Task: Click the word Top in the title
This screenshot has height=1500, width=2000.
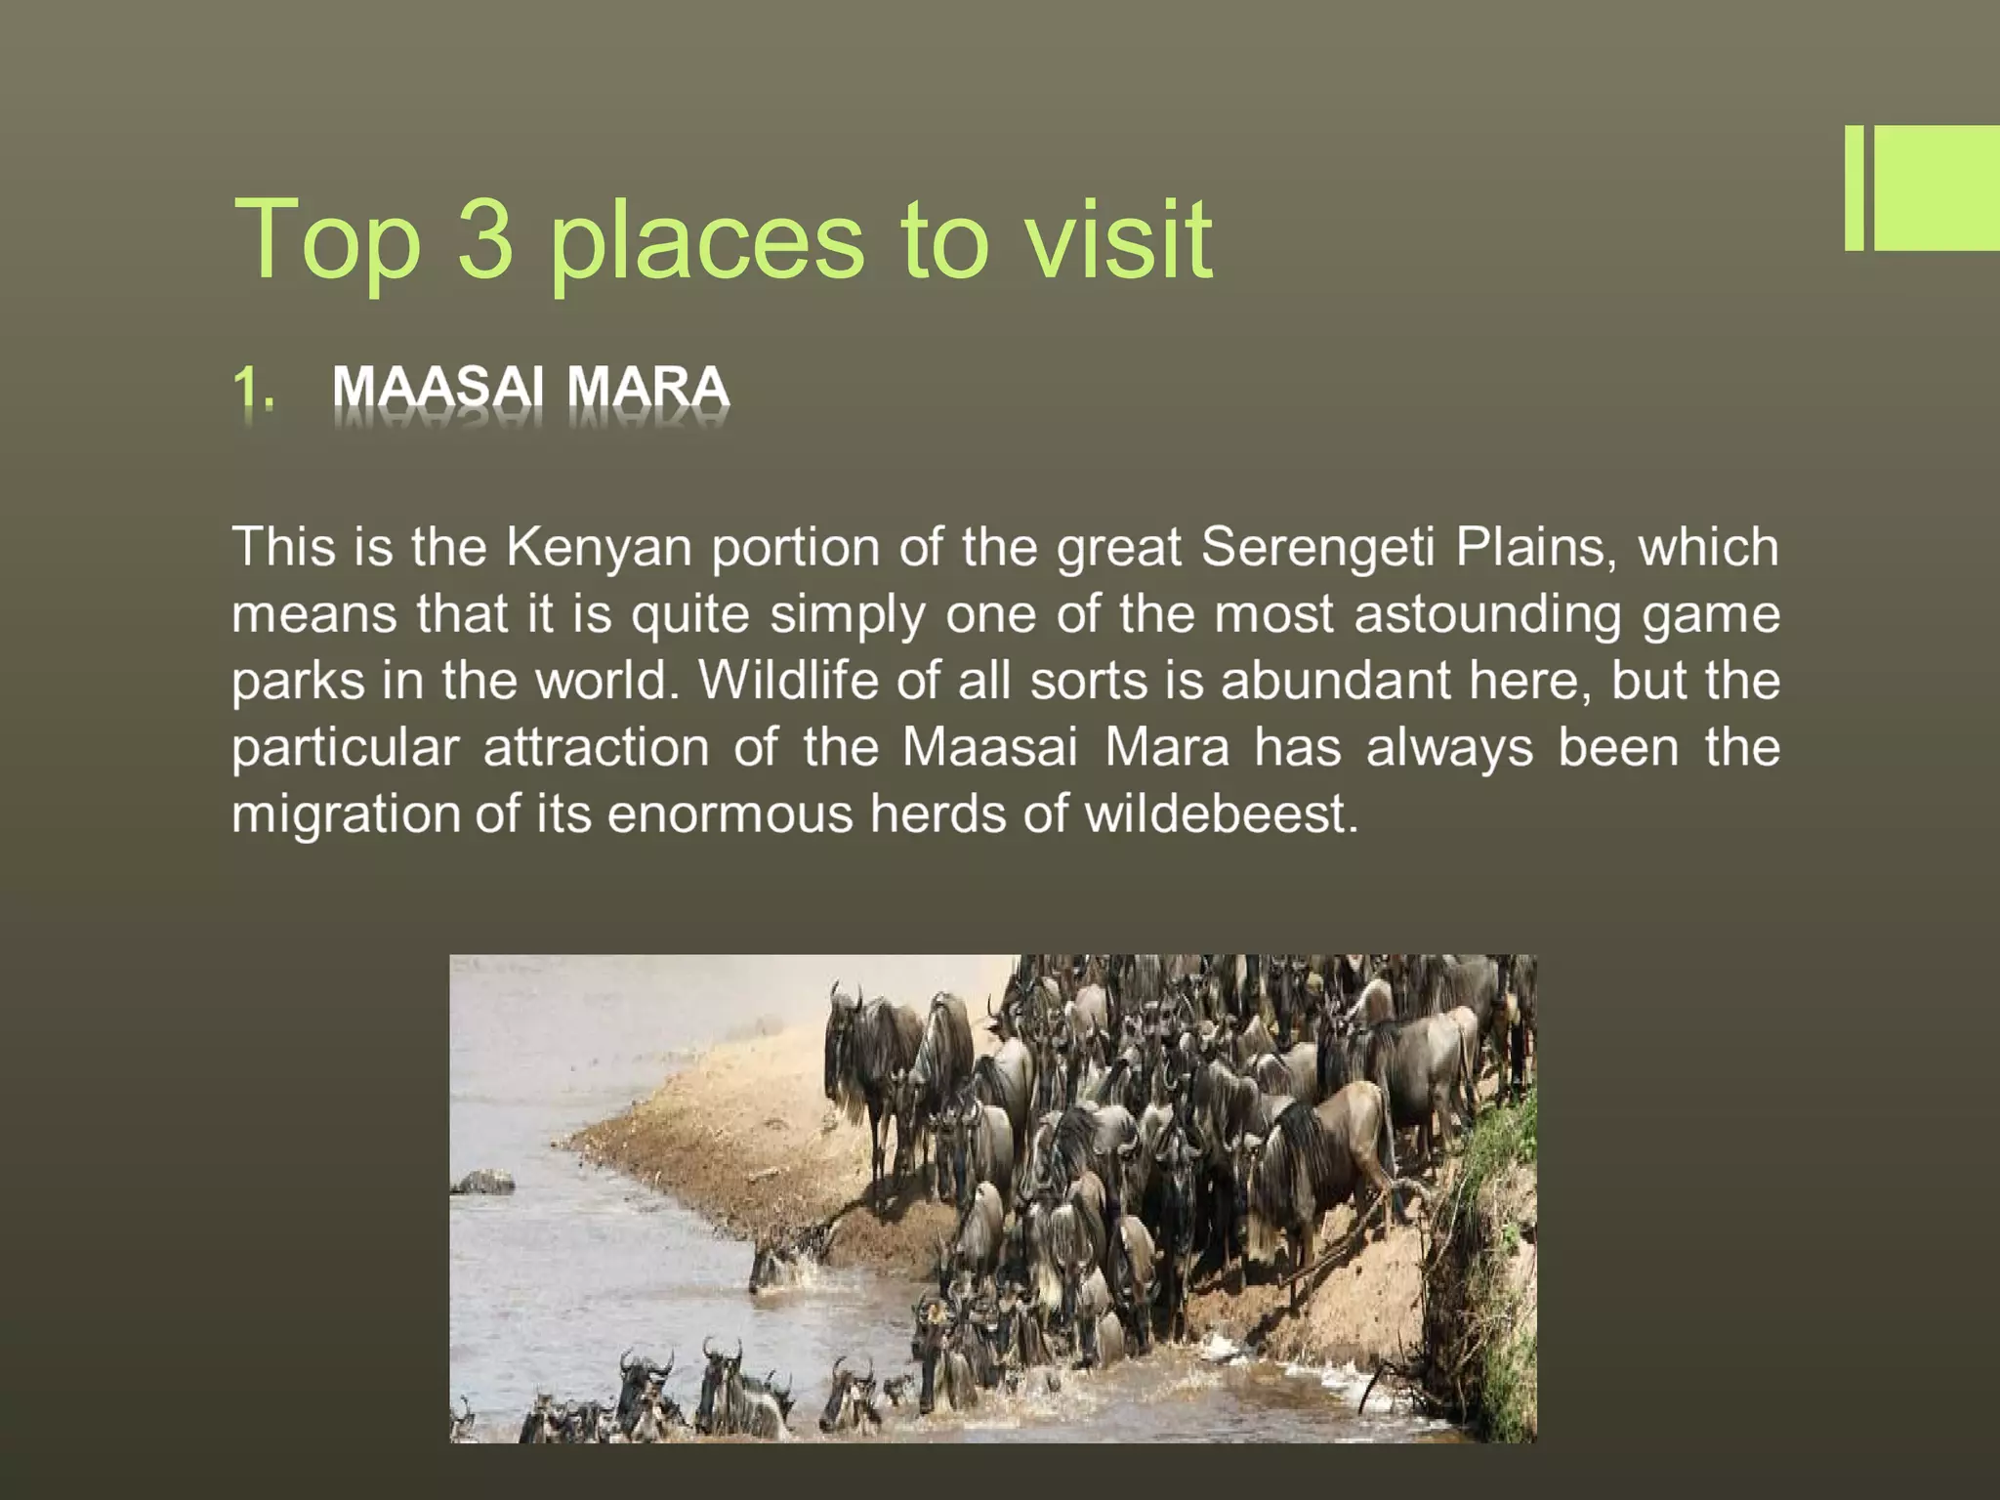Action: pyautogui.click(x=327, y=239)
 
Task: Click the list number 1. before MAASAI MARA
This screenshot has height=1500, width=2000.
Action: pyautogui.click(x=253, y=388)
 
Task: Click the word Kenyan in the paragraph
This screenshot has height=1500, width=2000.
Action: pyautogui.click(x=599, y=547)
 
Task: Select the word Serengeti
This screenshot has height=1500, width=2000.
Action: pyautogui.click(x=1317, y=547)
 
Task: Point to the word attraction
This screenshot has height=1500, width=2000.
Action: pyautogui.click(x=596, y=748)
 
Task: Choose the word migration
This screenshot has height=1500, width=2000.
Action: pyautogui.click(x=346, y=814)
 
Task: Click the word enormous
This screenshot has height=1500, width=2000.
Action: pyautogui.click(x=729, y=814)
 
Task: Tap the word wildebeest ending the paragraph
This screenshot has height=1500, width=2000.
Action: pyautogui.click(x=1220, y=814)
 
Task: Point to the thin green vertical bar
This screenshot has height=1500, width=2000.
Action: pyautogui.click(x=1854, y=187)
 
